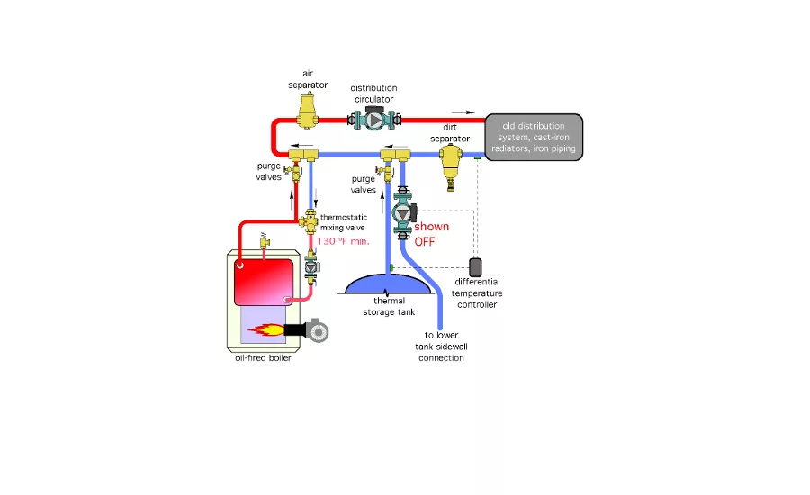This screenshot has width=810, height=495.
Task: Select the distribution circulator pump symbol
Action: (x=373, y=119)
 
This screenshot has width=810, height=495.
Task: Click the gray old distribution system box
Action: (x=534, y=137)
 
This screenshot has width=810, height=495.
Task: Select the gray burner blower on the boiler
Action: (x=315, y=330)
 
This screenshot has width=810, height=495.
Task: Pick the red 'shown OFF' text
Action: (x=431, y=234)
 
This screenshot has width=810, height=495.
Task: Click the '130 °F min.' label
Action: (x=342, y=241)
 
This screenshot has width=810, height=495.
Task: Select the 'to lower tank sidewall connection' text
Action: (x=440, y=346)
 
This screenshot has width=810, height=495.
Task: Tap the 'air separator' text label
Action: (x=308, y=79)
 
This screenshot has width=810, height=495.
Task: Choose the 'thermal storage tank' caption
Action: (x=388, y=307)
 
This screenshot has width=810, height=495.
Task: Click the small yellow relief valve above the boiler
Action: (x=263, y=240)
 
